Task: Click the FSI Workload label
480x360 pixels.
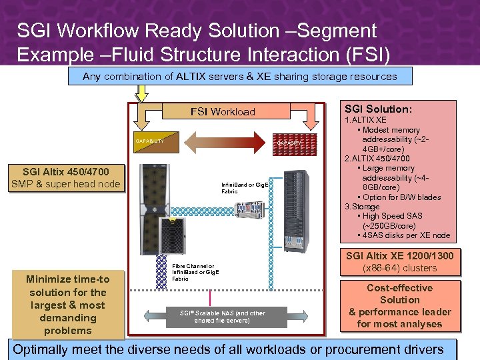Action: pyautogui.click(x=223, y=112)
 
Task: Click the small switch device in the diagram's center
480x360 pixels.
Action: pyautogui.click(x=249, y=207)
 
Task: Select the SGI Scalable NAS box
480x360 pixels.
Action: pyautogui.click(x=223, y=317)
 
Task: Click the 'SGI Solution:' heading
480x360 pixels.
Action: pyautogui.click(x=378, y=109)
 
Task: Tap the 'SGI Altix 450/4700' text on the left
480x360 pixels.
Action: pyautogui.click(x=66, y=172)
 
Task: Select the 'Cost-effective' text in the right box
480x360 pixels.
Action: pyautogui.click(x=399, y=288)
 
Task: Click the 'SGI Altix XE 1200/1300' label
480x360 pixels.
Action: pyautogui.click(x=399, y=255)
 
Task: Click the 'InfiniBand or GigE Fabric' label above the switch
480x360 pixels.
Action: pyautogui.click(x=245, y=187)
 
